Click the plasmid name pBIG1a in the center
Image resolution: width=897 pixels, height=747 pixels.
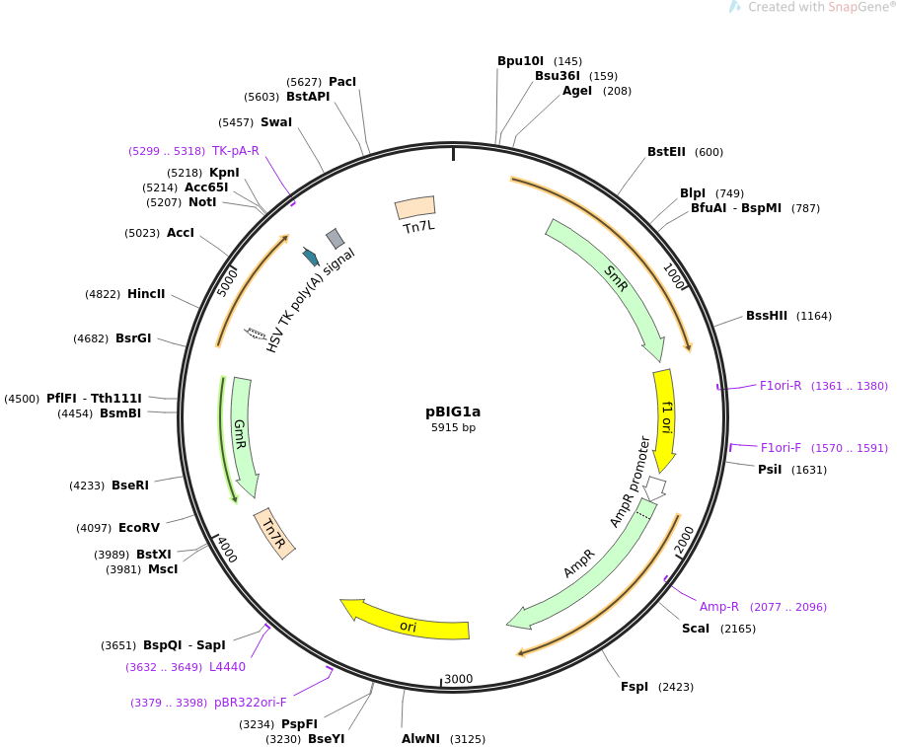(453, 411)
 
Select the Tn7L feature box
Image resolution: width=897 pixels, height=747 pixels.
(414, 207)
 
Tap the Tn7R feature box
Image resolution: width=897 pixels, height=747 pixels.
(274, 533)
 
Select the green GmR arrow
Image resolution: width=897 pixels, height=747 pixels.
(243, 435)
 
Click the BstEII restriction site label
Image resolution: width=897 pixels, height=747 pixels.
(666, 152)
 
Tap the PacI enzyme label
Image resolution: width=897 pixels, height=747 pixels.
(342, 82)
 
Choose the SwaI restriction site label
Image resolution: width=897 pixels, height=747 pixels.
(275, 121)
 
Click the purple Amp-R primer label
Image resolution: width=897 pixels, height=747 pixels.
(718, 606)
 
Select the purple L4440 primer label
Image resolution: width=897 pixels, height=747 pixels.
(227, 666)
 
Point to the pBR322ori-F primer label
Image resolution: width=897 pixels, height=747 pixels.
(250, 702)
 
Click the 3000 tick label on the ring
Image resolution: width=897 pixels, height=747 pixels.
(458, 678)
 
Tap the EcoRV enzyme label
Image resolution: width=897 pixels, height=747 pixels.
(138, 527)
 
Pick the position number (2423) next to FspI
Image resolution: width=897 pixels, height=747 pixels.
(676, 687)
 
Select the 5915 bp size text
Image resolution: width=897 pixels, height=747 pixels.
(453, 427)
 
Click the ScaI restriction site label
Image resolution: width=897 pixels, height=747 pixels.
(695, 628)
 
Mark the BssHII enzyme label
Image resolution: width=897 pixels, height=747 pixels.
(766, 315)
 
